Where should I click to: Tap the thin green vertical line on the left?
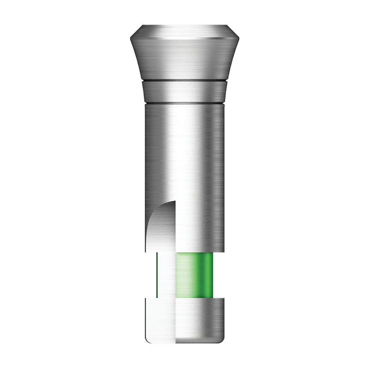(157, 275)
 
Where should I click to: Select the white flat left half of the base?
(161, 321)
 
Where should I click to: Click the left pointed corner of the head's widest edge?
(130, 38)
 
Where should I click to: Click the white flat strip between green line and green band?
(167, 275)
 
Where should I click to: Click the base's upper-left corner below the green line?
(147, 299)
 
